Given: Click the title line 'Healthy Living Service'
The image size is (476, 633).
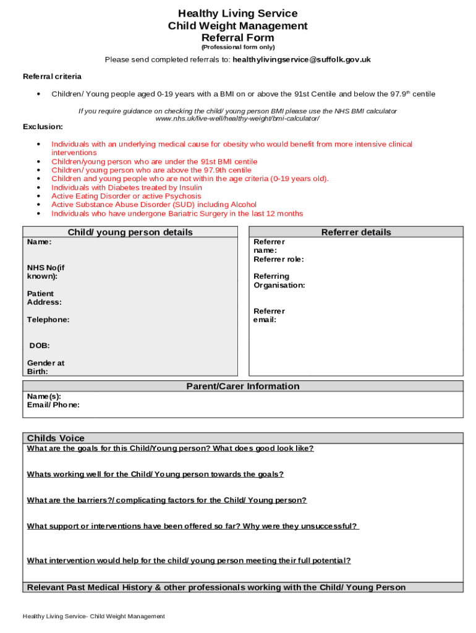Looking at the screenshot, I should (237, 14).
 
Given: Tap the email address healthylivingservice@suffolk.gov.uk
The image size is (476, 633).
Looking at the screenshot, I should (301, 60).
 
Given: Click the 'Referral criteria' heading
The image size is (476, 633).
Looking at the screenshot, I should (52, 77).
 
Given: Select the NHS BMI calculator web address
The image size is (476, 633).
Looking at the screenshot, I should (237, 118).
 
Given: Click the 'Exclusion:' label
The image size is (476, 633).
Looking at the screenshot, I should (43, 127).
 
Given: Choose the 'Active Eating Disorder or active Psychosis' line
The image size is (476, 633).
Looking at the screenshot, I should (126, 196).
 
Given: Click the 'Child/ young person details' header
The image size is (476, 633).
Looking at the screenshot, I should (130, 232).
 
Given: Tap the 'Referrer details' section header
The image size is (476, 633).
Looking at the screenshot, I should (356, 232).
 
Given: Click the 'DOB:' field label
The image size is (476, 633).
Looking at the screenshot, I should (40, 346).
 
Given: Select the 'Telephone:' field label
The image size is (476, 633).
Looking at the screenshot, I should (48, 320).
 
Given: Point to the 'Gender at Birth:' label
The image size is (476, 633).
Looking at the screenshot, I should (45, 367).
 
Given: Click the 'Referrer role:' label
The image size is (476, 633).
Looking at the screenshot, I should (278, 260).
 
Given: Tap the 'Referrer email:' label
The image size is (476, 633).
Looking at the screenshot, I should (269, 315).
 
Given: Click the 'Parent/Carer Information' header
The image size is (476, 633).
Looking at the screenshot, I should (243, 386).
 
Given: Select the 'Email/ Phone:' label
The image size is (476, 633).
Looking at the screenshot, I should (53, 405).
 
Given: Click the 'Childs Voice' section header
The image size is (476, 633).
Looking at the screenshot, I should (56, 438).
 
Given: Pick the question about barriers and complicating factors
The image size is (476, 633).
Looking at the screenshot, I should (167, 500).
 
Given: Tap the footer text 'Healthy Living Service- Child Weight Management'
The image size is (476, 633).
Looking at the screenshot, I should (94, 616).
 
